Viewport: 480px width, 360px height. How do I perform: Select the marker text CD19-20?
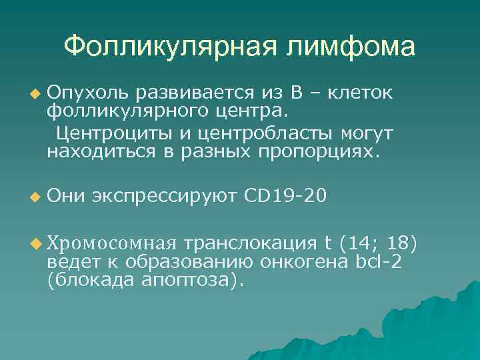[x=285, y=197]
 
